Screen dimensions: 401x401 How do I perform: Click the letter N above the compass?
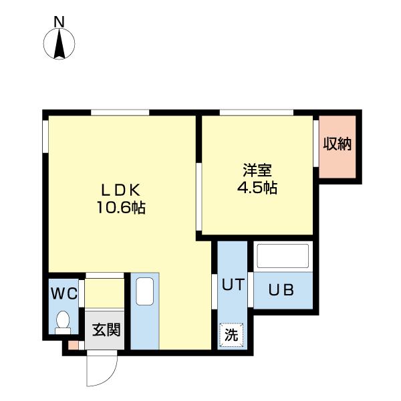pos(59,22)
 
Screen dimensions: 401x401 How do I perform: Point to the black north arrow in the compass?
pos(59,43)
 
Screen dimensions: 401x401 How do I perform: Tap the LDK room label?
pos(121,190)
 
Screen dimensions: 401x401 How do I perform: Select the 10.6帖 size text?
pos(121,207)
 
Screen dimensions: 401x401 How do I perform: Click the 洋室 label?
pos(257,170)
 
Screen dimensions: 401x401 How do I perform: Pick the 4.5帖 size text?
pos(257,188)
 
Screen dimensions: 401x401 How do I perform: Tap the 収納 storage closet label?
pos(338,144)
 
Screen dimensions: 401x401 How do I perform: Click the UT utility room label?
pos(233,285)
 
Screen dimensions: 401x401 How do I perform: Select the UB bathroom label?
pos(281,290)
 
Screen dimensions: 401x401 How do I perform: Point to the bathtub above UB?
pos(283,256)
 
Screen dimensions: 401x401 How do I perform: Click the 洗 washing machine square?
pos(231,335)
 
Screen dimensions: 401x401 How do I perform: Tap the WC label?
pos(64,293)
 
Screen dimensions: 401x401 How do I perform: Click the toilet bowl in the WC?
pos(63,322)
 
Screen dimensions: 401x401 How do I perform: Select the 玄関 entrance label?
pos(106,329)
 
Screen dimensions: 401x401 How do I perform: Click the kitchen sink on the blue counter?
pos(145,291)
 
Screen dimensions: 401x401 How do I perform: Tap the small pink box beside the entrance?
pos(74,346)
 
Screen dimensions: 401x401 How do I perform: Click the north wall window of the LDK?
pos(120,112)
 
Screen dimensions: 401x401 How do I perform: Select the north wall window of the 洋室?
pos(257,112)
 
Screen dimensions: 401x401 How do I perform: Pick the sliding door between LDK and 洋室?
pos(199,197)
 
